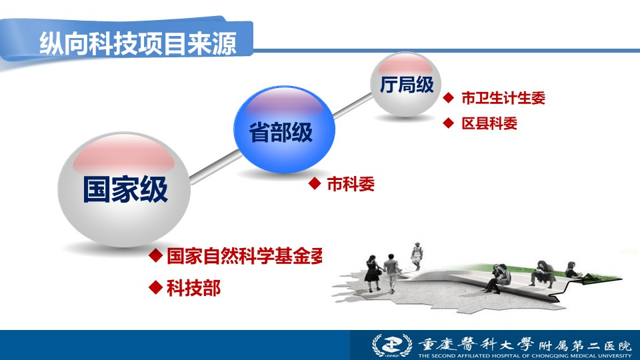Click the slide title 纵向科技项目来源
[138, 43]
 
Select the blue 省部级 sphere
[284, 129]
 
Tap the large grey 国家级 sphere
[124, 189]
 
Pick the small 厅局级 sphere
[406, 84]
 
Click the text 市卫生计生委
[503, 98]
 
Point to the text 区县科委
[489, 123]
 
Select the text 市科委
[351, 184]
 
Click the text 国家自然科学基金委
[245, 256]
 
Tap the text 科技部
[194, 288]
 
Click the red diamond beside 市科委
[315, 183]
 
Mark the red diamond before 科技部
[156, 287]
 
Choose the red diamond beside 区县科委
[449, 123]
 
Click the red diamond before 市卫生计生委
[449, 97]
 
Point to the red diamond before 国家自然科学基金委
[156, 255]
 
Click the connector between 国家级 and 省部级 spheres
[215, 167]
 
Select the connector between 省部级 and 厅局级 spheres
[353, 106]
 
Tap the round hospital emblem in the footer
[392, 346]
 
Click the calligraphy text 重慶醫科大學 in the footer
[476, 345]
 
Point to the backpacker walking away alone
[417, 256]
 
